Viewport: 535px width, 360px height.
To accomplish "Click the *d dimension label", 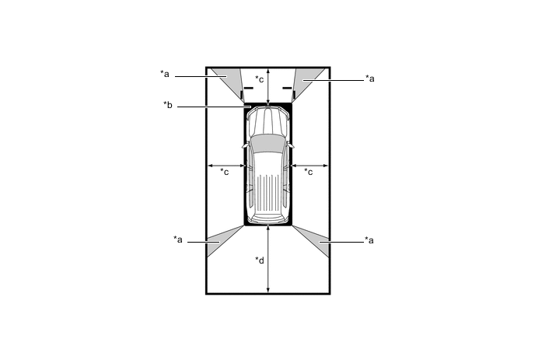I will coord(260,260).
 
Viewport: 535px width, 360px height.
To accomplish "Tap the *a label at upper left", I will coord(165,74).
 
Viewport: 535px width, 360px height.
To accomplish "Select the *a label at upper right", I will coord(370,79).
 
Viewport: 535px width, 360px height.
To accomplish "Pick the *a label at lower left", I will coord(178,239).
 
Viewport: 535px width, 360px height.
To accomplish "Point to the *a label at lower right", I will coord(369,240).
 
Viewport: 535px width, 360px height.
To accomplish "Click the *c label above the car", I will coord(260,79).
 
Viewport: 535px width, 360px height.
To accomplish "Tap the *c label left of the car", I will coord(225,171).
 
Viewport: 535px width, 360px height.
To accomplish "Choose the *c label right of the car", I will coord(308,171).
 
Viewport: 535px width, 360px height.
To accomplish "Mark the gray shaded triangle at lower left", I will coord(228,236).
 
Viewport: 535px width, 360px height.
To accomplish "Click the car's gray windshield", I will coord(267,142).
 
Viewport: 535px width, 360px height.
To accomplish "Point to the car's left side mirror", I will coord(245,145).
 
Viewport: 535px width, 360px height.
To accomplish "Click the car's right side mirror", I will coord(290,145).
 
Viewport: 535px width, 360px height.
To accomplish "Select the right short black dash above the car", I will coord(286,88).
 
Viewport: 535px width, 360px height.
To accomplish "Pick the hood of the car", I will coord(267,121).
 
